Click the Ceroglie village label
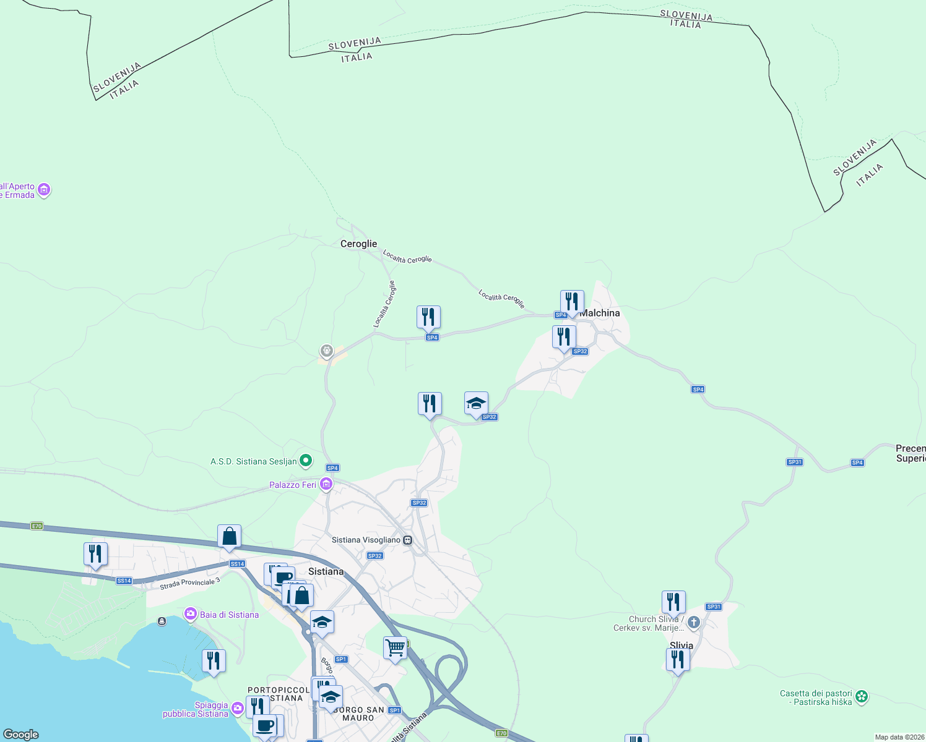click(358, 244)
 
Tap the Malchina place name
click(599, 313)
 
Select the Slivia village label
click(682, 645)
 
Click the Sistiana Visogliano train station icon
click(408, 540)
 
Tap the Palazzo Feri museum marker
click(326, 484)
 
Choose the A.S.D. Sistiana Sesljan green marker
click(306, 461)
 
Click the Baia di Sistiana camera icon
click(191, 614)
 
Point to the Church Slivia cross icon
click(694, 623)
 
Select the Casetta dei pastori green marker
click(861, 697)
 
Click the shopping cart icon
click(395, 649)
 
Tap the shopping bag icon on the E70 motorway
click(229, 536)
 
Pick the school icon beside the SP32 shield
click(476, 404)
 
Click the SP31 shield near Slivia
click(714, 607)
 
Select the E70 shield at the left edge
click(37, 526)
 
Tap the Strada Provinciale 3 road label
click(189, 583)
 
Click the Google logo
click(21, 735)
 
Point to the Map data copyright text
click(899, 737)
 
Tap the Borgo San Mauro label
click(358, 714)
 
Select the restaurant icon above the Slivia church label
click(673, 602)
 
